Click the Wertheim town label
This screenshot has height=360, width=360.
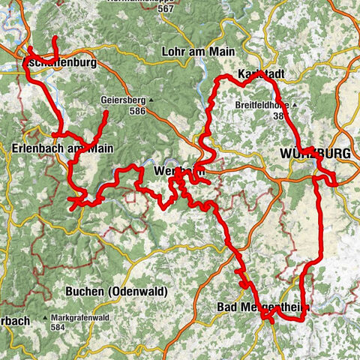click(x=178, y=172)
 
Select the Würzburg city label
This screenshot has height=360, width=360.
click(x=315, y=154)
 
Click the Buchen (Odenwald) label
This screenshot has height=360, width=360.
click(x=116, y=291)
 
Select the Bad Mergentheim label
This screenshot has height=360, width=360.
click(x=262, y=307)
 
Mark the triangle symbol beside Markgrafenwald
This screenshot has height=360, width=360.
click(x=54, y=318)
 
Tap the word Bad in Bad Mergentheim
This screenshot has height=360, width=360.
click(x=226, y=307)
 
